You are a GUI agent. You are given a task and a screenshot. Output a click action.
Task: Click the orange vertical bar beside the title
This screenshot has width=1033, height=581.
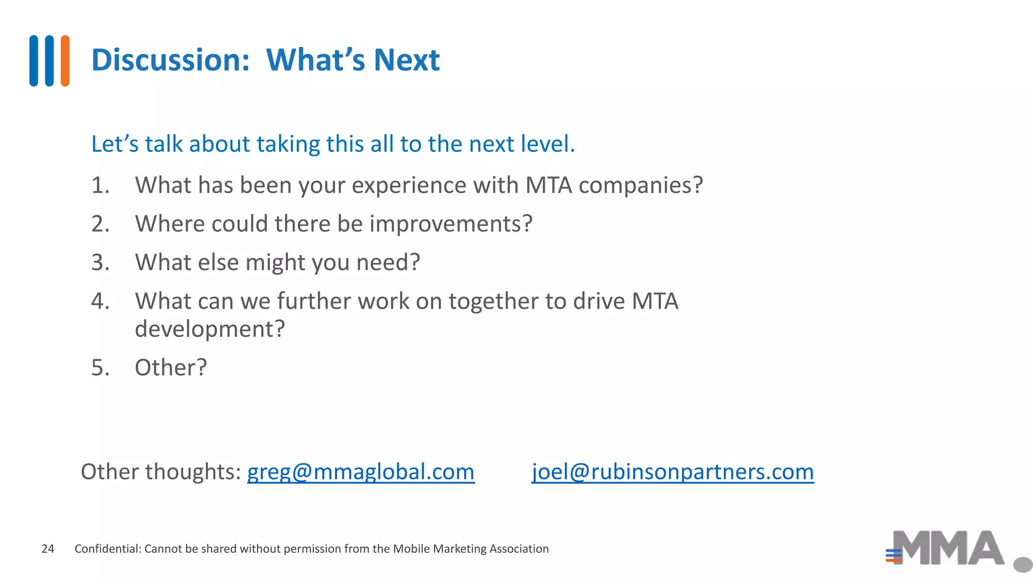click(65, 61)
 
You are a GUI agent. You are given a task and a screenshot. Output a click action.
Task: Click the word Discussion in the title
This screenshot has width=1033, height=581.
click(170, 60)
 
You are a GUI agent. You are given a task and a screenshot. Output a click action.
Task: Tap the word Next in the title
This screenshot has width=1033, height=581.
click(407, 60)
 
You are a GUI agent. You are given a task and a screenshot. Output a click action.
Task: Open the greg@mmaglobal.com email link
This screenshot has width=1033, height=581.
click(361, 472)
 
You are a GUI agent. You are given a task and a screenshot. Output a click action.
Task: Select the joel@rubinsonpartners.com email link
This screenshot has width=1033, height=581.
click(672, 472)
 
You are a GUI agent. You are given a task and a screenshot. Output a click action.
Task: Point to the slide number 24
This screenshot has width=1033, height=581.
click(48, 549)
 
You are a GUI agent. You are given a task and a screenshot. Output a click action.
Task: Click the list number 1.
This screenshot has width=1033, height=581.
click(100, 185)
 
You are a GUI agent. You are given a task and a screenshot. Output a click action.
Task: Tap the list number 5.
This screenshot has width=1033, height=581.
click(100, 368)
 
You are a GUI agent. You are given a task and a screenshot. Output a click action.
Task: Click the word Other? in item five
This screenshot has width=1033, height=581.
click(171, 368)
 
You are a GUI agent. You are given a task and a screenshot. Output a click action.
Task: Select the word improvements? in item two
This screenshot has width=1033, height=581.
click(451, 224)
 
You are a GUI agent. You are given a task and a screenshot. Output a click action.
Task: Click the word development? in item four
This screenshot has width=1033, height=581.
click(210, 329)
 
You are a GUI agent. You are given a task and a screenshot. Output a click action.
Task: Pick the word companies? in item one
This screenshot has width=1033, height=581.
click(641, 186)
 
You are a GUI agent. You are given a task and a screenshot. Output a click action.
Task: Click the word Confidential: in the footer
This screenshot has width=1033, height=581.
click(108, 549)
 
